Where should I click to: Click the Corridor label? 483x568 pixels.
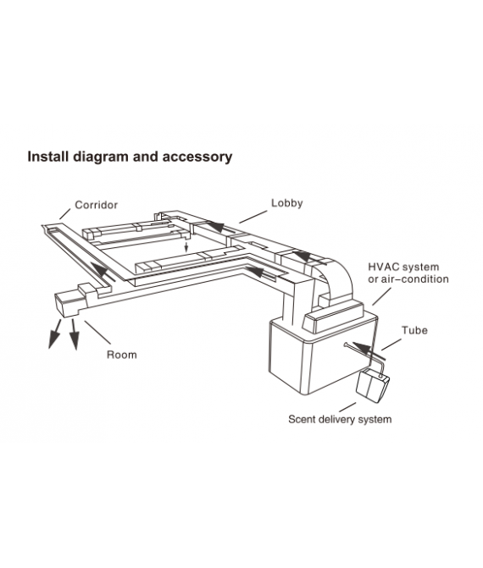click(x=96, y=205)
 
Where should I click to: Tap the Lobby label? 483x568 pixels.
click(x=286, y=203)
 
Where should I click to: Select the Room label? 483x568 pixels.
click(x=122, y=355)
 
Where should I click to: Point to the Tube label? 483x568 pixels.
click(x=414, y=330)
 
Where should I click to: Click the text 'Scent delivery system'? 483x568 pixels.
click(x=340, y=420)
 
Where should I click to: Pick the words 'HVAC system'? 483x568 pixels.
click(x=403, y=267)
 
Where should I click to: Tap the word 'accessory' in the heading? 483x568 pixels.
click(x=197, y=157)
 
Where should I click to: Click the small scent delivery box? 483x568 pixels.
click(x=372, y=385)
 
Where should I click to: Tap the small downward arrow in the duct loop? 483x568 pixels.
click(x=186, y=247)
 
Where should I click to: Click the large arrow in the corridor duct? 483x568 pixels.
click(x=103, y=272)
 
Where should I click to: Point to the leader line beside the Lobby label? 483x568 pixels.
click(x=253, y=217)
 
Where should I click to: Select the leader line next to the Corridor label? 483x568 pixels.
click(x=64, y=214)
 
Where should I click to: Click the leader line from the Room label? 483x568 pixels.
click(x=97, y=333)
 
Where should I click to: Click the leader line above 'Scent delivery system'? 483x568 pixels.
click(x=347, y=407)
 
